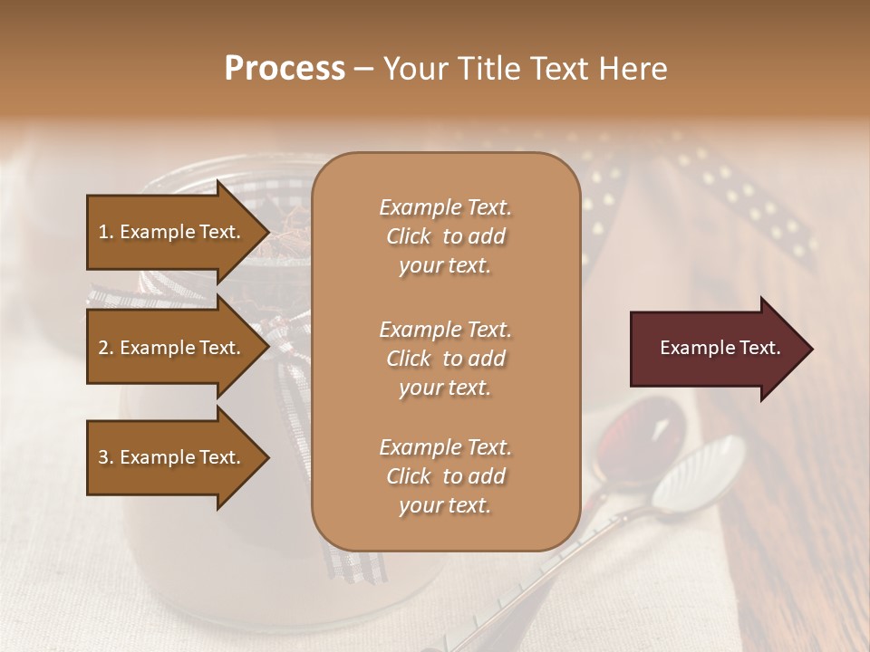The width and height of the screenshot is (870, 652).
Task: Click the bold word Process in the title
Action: coord(285,68)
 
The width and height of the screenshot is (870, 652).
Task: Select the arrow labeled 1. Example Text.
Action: coord(172,232)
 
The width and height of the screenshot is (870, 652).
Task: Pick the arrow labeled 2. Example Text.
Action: coord(172,348)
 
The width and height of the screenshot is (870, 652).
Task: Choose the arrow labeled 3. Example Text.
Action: coord(172,458)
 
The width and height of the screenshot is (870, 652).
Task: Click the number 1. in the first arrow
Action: coord(106,232)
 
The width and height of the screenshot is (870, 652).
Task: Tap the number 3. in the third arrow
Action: coord(106,458)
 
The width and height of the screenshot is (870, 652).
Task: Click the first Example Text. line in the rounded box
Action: coord(445,207)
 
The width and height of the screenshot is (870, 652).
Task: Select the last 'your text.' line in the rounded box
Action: coord(445,505)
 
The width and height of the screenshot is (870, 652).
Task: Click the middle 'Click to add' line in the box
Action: coord(445,359)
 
